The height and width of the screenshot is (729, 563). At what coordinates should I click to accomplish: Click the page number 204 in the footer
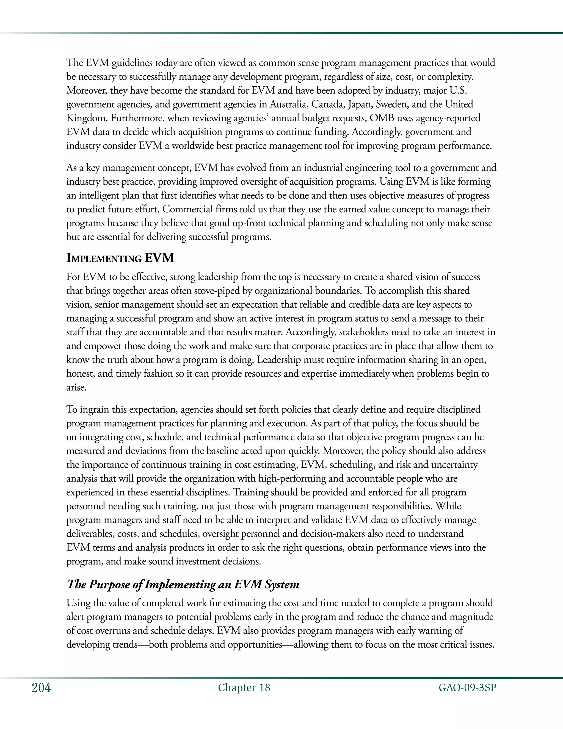tap(41, 688)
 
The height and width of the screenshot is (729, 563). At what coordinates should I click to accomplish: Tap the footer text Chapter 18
tap(244, 688)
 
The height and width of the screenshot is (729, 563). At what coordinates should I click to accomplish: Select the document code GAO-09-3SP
tap(467, 688)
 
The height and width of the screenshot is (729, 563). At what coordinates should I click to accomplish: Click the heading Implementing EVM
tap(120, 258)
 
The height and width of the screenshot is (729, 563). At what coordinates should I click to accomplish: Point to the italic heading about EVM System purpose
tap(183, 584)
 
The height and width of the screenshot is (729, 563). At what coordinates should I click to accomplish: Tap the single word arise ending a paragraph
tap(76, 388)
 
